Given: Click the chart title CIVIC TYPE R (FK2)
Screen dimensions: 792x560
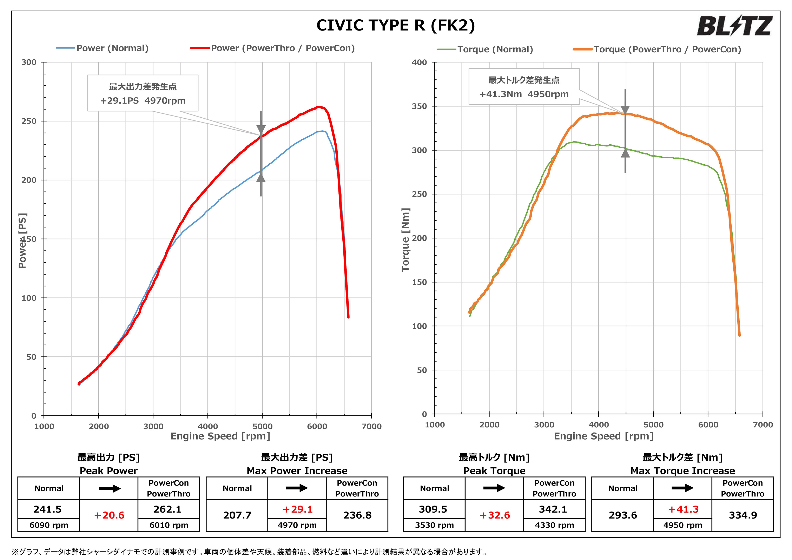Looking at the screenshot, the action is pos(396,25).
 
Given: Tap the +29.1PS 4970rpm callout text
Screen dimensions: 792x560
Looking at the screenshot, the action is pos(143,101).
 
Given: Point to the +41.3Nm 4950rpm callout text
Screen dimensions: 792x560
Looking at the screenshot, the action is pos(524,94).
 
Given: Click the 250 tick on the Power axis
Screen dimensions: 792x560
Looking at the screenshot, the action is pos(29,121).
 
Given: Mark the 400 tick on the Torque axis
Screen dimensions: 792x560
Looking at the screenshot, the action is pos(420,62).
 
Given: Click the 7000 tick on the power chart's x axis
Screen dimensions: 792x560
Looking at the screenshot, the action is pos(371,427).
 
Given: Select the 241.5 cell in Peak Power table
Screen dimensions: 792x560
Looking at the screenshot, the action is pos(48,509).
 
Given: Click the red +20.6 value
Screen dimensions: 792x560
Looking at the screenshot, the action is pos(109,515).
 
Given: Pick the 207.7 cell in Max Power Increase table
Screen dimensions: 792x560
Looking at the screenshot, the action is pos(237,515).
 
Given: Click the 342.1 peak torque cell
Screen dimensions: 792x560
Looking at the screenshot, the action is pos(553,509).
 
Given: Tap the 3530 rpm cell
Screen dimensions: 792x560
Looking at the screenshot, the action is pos(435,525).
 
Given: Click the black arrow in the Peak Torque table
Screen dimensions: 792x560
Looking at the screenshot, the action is pos(494,488).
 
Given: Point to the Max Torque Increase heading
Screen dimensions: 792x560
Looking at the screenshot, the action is pos(683,471).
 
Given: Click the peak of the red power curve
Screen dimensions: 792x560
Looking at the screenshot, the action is pos(318,107).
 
